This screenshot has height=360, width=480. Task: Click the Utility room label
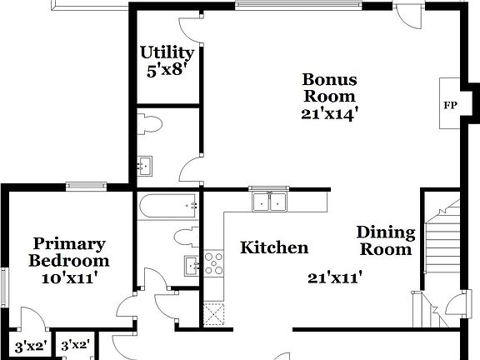(167, 52)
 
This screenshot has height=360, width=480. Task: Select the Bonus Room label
(329, 88)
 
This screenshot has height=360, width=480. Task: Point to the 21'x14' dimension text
(329, 115)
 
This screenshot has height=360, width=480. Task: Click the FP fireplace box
(450, 104)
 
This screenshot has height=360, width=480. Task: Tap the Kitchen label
(274, 247)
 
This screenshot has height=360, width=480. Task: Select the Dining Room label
(385, 240)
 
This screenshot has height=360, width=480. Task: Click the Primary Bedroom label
(69, 252)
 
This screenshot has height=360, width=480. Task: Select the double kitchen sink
(268, 201)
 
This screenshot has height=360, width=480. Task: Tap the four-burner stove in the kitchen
(214, 263)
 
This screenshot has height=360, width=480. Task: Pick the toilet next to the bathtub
(186, 236)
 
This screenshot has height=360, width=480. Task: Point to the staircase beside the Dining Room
(442, 242)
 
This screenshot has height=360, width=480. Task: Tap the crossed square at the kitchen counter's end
(214, 315)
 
